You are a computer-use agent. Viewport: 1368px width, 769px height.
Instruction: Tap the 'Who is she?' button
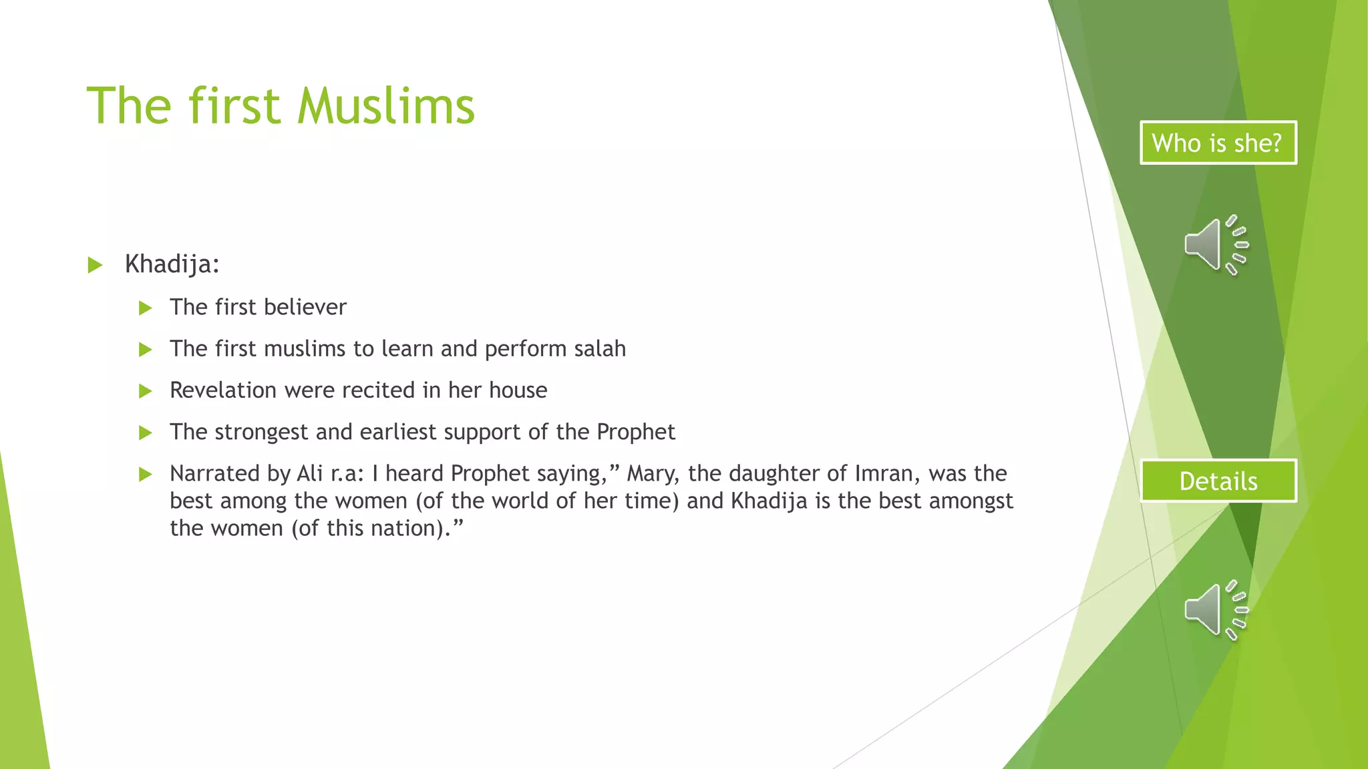pyautogui.click(x=1218, y=143)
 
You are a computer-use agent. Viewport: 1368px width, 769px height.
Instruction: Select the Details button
pyautogui.click(x=1218, y=481)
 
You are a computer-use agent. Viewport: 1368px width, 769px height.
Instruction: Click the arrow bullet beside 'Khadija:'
pyautogui.click(x=95, y=265)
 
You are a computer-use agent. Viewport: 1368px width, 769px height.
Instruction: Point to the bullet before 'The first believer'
pyautogui.click(x=145, y=308)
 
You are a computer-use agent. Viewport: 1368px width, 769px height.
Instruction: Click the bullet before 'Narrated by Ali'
pyautogui.click(x=145, y=475)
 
